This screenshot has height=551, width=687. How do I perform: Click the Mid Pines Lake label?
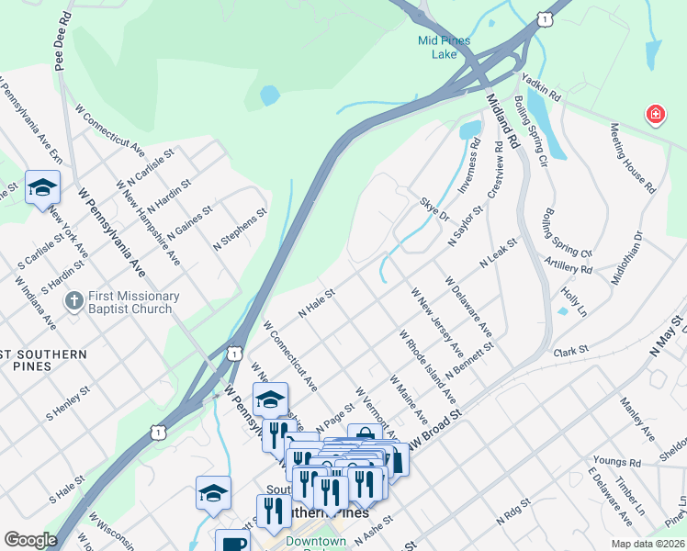[x=445, y=48]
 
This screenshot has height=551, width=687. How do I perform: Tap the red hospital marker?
[x=655, y=115]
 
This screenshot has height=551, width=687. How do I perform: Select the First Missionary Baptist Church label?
[x=130, y=302]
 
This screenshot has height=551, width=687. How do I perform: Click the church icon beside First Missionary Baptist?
[x=74, y=300]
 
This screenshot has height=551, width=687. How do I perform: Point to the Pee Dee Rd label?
[x=61, y=42]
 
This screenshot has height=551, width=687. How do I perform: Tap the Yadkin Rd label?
[x=541, y=88]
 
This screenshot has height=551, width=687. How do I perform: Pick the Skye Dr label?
[x=434, y=210]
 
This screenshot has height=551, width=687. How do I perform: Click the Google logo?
[x=30, y=540]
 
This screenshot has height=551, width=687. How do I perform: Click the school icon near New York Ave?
[x=42, y=187]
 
